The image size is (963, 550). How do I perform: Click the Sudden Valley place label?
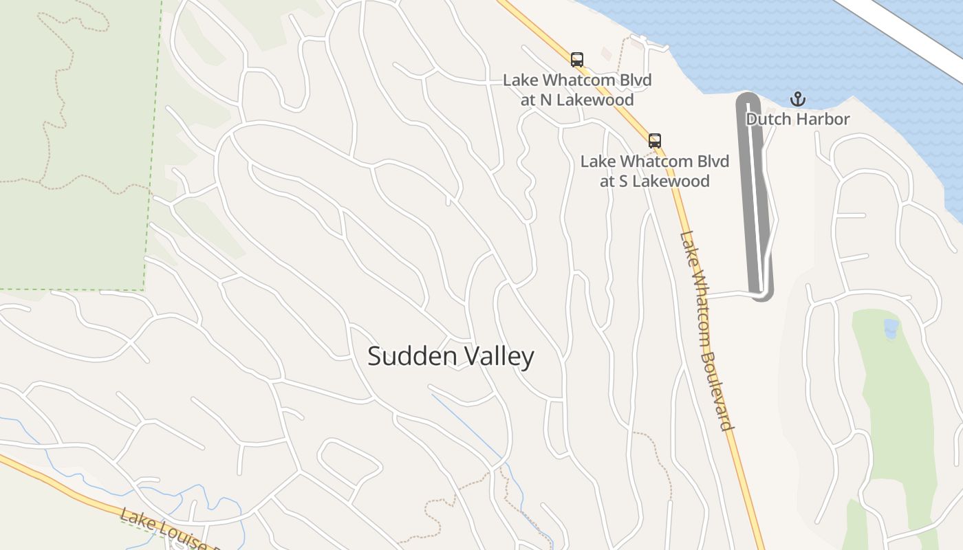451,356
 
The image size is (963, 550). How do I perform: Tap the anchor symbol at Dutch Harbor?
797,99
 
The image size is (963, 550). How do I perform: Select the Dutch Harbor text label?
798,119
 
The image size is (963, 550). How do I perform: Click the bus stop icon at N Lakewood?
577,60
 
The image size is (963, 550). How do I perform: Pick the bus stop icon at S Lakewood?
655,141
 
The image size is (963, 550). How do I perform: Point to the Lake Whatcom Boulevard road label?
707,330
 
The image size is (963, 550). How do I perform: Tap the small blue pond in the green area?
891,328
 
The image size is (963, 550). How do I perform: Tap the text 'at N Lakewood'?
577,99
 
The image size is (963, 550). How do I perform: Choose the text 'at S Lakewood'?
654,181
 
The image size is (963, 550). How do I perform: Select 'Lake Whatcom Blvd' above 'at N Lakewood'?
577,80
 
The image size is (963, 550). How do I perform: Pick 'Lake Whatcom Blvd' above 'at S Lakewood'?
654,162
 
